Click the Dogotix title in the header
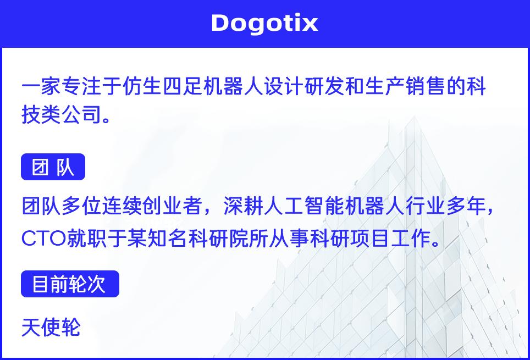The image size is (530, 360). pos(264,23)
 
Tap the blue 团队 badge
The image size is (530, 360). pos(53,167)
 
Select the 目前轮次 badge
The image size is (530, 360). pos(70,284)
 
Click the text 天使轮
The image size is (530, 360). pos(51,327)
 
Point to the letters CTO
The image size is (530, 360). pos(43,239)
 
